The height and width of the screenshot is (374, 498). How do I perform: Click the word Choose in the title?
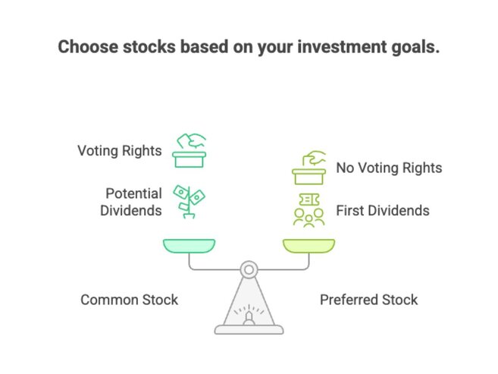(87, 47)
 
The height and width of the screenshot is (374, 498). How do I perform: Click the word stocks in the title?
(149, 47)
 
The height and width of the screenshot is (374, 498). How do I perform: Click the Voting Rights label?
(119, 150)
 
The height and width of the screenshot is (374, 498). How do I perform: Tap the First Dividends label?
(383, 210)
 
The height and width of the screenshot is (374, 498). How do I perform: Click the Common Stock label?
(129, 300)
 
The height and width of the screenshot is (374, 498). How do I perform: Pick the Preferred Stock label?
(368, 300)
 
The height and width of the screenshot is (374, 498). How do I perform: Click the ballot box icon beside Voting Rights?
(189, 150)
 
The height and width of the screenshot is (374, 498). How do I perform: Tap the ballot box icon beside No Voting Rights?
(309, 168)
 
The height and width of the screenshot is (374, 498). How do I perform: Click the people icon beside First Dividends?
(309, 217)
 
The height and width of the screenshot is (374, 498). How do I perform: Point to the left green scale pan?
(189, 245)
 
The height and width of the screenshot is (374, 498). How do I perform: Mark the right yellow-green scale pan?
(309, 245)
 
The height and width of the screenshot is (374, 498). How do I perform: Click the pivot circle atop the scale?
(248, 269)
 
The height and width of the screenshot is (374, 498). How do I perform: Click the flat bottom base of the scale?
(248, 329)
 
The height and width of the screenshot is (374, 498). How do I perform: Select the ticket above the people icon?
(309, 199)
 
